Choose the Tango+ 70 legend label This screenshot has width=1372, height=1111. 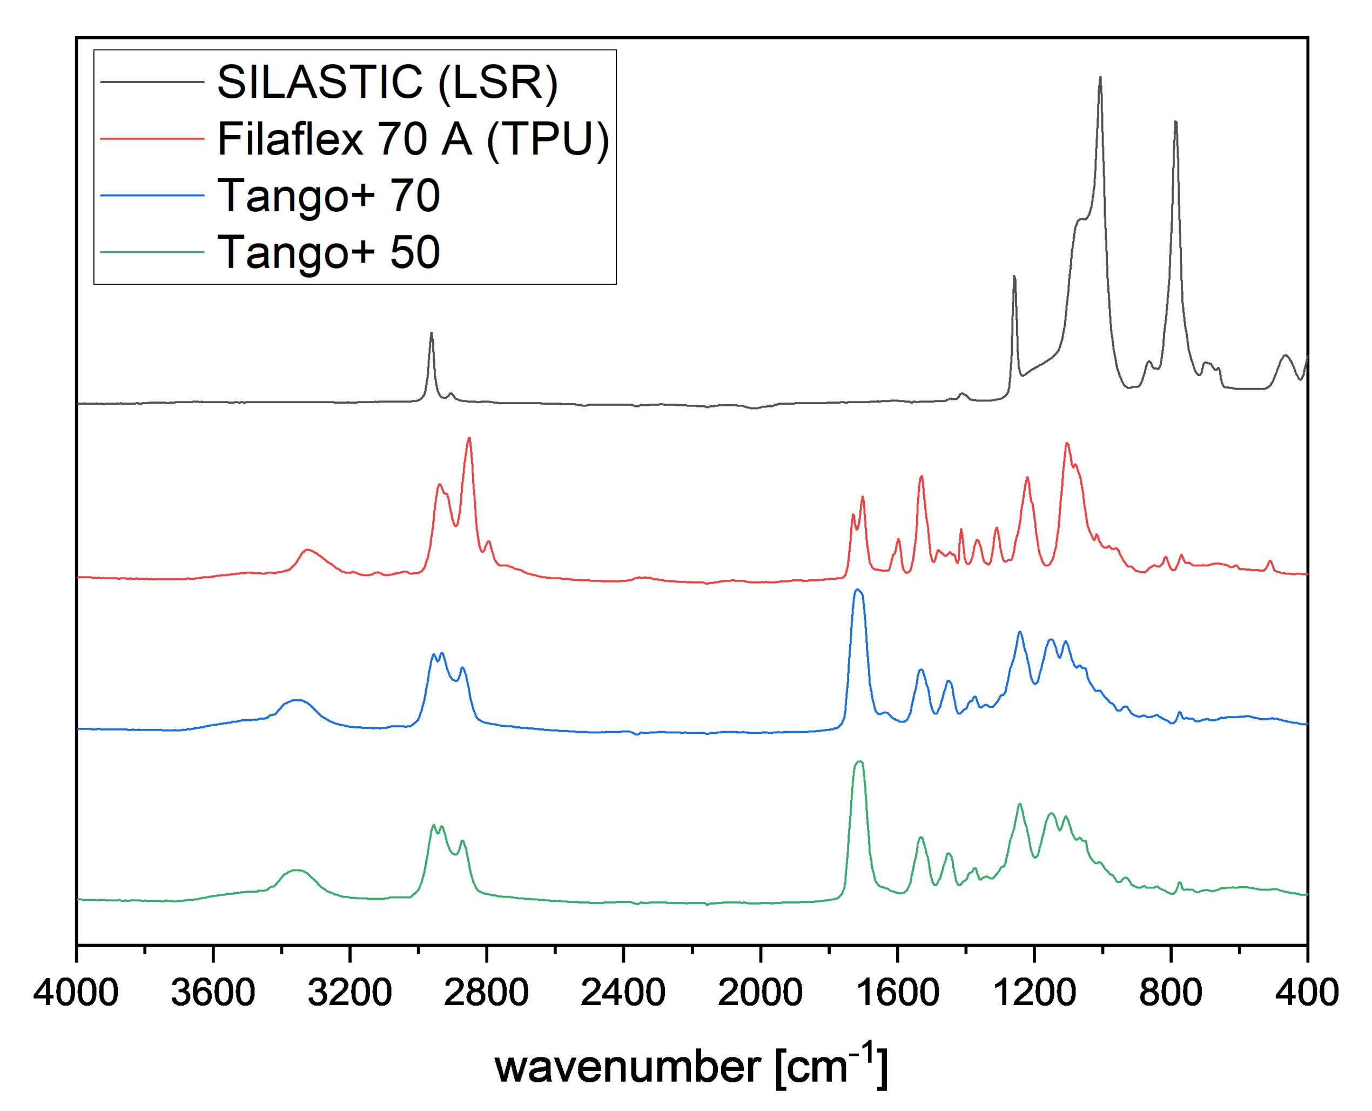click(x=328, y=195)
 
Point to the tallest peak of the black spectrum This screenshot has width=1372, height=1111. click(x=1100, y=78)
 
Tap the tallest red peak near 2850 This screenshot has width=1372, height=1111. click(x=469, y=438)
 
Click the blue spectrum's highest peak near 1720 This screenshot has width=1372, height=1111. click(x=858, y=590)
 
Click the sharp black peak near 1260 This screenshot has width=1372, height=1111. click(x=1014, y=277)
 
